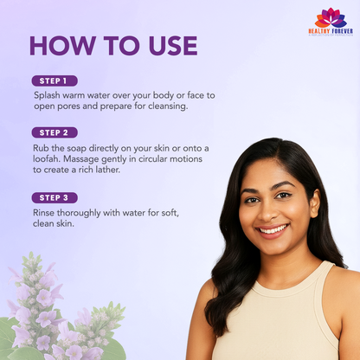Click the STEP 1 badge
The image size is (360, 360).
(x=55, y=80)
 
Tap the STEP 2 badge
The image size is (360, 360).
(x=55, y=132)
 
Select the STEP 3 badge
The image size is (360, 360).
(x=55, y=198)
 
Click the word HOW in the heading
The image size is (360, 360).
(x=62, y=46)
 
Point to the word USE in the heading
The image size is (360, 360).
(x=173, y=46)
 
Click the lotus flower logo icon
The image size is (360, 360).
(x=331, y=18)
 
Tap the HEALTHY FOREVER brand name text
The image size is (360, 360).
(x=331, y=31)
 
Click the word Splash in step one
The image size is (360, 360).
(x=47, y=95)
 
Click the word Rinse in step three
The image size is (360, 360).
(x=43, y=213)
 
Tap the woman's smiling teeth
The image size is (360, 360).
(x=273, y=229)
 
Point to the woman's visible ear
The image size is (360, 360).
(x=315, y=203)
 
